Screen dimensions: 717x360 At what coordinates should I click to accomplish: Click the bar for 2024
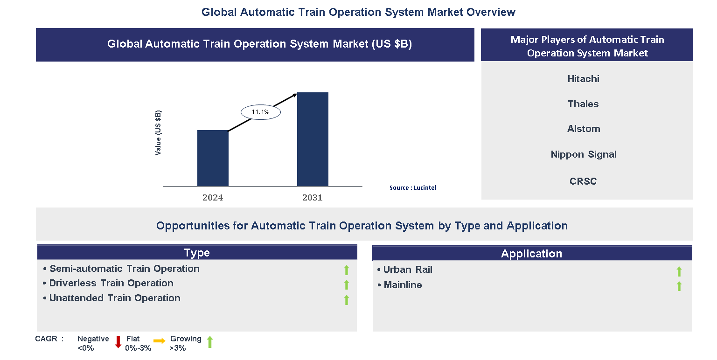coord(213,158)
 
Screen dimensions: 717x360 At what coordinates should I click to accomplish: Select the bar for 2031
coord(313,139)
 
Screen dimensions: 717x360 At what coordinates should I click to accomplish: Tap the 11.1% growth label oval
coord(261,112)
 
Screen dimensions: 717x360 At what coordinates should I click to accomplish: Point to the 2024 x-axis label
coord(213,197)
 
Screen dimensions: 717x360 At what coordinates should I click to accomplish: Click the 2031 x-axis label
coord(313,197)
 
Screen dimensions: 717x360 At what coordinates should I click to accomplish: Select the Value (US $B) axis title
coord(158,133)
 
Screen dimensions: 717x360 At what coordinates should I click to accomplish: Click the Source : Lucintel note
coord(413,188)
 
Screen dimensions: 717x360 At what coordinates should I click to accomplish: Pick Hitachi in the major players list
coord(583,79)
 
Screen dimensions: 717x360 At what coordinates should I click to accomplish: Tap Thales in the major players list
coord(583,104)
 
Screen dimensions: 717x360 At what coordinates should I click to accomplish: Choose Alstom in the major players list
coord(584,129)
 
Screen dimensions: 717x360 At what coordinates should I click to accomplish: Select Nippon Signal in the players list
coord(584,154)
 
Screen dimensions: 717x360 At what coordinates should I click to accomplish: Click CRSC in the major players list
coord(583,181)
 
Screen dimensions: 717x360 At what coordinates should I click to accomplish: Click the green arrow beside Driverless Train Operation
coord(347,285)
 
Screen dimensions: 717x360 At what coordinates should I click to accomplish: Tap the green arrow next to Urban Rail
coord(679,271)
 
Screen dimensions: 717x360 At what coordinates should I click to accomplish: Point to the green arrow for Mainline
coord(679,286)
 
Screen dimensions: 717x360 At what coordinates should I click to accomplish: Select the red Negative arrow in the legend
coord(118,342)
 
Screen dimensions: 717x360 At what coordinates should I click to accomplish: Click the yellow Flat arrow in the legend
coord(160,341)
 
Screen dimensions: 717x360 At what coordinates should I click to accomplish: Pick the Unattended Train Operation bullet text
coord(115,298)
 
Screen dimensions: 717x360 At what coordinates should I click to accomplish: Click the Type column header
coord(197,252)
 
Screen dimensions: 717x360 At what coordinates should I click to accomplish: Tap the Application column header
coord(532,253)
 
